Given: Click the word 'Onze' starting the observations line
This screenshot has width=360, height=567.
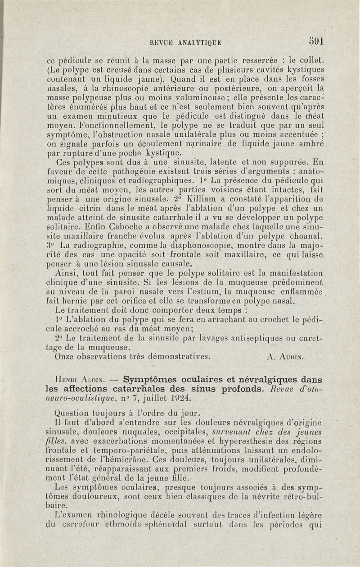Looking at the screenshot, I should click(63, 357).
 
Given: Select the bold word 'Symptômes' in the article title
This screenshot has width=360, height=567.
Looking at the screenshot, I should click(150, 379).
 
